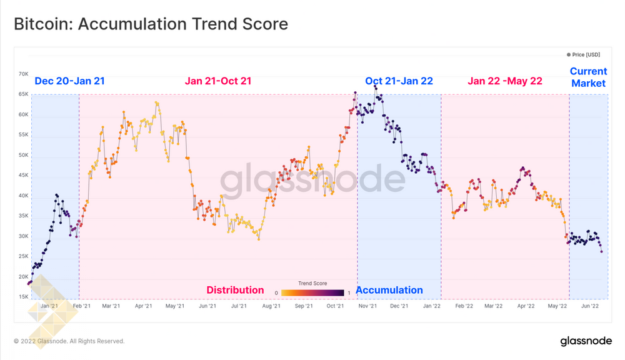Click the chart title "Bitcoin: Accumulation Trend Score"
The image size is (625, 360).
click(x=151, y=24)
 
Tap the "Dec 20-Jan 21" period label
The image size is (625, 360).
click(x=69, y=81)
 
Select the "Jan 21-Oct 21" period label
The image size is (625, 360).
click(x=218, y=81)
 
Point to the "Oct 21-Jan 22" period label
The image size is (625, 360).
click(x=399, y=81)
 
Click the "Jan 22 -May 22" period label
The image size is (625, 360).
click(x=505, y=81)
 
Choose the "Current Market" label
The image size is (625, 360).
click(x=588, y=77)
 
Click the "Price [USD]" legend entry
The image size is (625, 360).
click(x=585, y=55)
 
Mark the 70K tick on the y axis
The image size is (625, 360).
click(x=24, y=74)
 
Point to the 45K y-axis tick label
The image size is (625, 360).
click(x=24, y=176)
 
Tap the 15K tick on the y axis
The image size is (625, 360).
click(x=24, y=297)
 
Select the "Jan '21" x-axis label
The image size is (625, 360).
click(x=49, y=306)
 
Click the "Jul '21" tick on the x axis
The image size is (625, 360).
click(x=238, y=306)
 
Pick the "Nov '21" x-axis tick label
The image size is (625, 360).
click(x=367, y=306)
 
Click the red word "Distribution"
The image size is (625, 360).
click(x=235, y=290)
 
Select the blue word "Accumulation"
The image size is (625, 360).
click(x=389, y=290)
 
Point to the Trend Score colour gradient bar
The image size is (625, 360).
click(x=312, y=292)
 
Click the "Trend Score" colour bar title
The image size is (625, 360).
click(x=312, y=283)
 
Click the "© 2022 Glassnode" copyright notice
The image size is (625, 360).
click(x=69, y=341)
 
